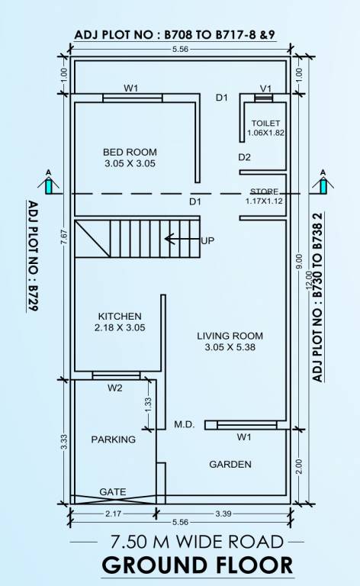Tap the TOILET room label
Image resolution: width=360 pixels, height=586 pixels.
tap(265, 123)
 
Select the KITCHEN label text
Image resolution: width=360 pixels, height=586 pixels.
tap(120, 316)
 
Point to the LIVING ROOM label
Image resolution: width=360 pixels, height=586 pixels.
tap(230, 336)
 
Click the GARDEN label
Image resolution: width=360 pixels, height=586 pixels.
tap(230, 464)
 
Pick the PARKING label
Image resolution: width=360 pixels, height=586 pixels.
tap(113, 439)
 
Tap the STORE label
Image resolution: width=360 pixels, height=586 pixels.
tap(265, 192)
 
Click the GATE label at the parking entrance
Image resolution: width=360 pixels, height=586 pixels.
tap(113, 492)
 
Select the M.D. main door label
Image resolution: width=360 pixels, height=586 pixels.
tap(184, 424)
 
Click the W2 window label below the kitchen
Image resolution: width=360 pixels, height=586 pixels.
tap(114, 388)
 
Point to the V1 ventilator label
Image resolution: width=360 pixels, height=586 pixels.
tap(265, 88)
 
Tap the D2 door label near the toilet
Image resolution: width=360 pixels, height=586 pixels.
tap(244, 157)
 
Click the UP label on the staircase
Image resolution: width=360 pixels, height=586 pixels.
tap(207, 240)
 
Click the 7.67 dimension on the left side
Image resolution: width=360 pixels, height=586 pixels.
tap(64, 237)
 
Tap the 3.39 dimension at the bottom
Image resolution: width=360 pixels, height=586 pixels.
tap(223, 514)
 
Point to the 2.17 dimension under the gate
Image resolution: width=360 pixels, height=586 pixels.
tap(110, 514)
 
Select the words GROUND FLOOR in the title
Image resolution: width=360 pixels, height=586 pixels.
tap(197, 565)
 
